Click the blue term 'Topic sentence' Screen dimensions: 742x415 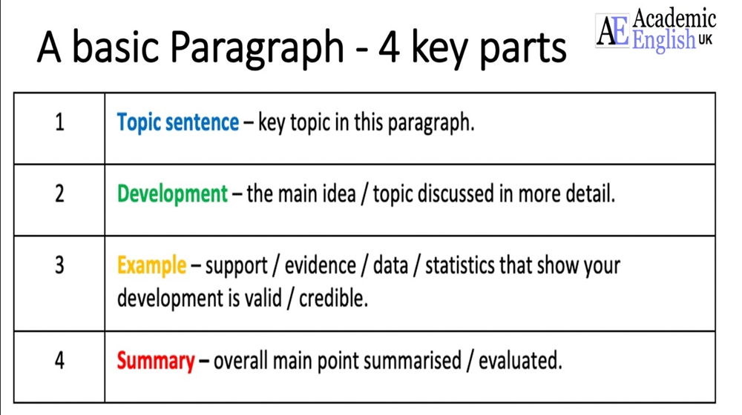pos(178,123)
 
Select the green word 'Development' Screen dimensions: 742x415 pos(172,194)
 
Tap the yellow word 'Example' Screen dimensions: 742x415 pos(151,265)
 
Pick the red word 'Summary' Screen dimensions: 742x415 pos(156,362)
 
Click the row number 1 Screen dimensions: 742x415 pos(59,122)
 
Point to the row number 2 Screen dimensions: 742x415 pos(59,194)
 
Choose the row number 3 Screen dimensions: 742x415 pos(59,265)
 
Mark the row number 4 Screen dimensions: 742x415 pos(59,361)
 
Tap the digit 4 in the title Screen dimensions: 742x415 pos(389,47)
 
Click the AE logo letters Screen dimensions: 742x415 pos(613,30)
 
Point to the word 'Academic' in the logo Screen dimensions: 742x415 pos(674,19)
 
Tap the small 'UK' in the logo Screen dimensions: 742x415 pos(705,40)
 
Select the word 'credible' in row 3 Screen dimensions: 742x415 pos(333,298)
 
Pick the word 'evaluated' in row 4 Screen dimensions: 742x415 pos(520,361)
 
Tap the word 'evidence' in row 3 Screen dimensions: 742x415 pos(321,265)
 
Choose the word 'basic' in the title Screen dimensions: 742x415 pos(116,47)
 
